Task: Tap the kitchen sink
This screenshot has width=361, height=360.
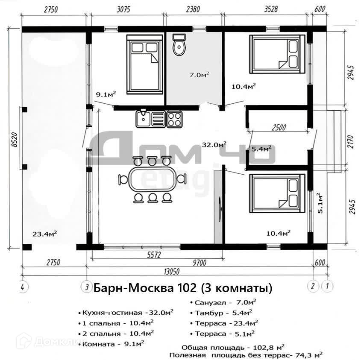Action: pos(150,119)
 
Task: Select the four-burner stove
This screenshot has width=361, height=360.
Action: pos(174,119)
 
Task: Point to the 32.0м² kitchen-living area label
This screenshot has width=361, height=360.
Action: pos(214,144)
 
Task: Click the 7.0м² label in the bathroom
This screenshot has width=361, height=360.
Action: pos(199,75)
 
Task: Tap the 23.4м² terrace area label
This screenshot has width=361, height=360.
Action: pos(44,234)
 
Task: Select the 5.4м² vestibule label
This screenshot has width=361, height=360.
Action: pos(261,149)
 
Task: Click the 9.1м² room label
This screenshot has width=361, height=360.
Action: pos(106,94)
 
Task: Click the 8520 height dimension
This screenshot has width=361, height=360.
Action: pos(14,140)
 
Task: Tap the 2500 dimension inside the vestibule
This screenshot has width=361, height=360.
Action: pos(279,127)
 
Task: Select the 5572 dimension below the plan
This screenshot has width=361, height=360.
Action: pos(154,255)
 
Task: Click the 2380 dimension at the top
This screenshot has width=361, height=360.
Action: pos(193,9)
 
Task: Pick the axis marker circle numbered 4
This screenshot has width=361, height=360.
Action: pos(23,287)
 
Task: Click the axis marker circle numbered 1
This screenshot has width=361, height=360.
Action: pos(327,286)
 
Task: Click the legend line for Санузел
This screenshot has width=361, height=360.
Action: pos(223,302)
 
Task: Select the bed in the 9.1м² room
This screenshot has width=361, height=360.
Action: pos(144,64)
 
